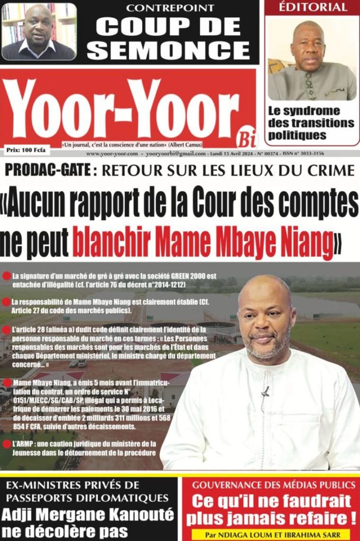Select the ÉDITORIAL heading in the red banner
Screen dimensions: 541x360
(x=313, y=7)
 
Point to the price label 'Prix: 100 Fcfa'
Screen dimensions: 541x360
(x=26, y=150)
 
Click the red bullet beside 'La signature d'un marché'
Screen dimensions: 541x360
(x=6, y=276)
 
